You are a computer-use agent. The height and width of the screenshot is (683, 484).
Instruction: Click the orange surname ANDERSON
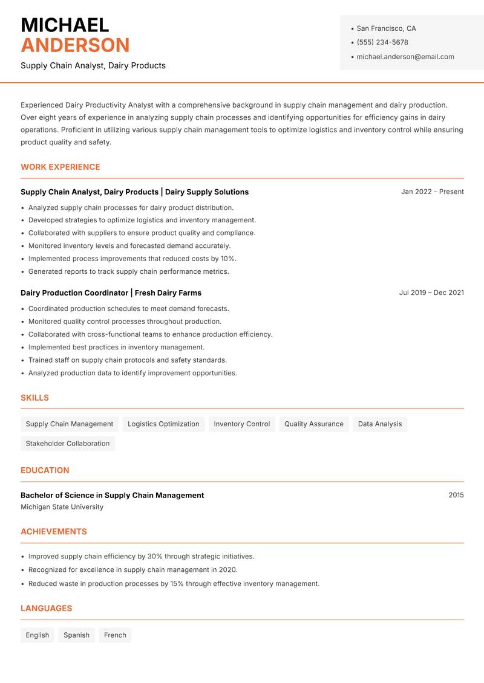tap(75, 45)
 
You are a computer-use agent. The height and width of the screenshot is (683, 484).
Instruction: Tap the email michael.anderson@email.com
tap(405, 57)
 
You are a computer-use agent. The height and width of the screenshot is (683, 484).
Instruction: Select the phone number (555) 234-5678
tap(382, 42)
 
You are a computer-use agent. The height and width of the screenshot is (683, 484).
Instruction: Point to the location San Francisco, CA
tap(386, 28)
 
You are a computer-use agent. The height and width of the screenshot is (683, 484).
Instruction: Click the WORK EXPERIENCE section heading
tap(60, 167)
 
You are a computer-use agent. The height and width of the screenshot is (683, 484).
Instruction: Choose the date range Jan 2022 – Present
tap(432, 192)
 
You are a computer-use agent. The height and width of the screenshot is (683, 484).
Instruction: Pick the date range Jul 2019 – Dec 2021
tap(431, 293)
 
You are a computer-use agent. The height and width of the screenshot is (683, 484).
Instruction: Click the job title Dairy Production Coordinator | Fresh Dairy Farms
tap(111, 293)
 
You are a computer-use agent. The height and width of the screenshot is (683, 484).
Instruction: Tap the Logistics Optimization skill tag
tap(163, 424)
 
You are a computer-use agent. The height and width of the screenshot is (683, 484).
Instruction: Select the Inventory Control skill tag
tap(241, 424)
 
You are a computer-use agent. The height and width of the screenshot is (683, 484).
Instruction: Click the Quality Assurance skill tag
tap(313, 424)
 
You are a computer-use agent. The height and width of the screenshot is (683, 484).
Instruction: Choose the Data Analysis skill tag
tap(379, 424)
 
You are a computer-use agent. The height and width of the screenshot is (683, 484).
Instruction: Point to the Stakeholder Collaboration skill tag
tap(67, 444)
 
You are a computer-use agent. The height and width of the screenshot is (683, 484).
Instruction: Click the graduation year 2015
tap(456, 495)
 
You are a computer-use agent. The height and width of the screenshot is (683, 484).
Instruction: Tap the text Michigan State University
tap(62, 507)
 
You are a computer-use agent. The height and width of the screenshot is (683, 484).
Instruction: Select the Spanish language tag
tap(76, 635)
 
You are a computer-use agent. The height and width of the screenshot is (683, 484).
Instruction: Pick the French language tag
tap(115, 635)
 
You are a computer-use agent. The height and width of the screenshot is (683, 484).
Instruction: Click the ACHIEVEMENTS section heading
tap(54, 532)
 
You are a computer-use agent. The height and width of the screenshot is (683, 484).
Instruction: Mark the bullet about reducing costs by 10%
tap(132, 259)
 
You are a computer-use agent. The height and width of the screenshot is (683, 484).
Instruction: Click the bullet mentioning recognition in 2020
tap(132, 570)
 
